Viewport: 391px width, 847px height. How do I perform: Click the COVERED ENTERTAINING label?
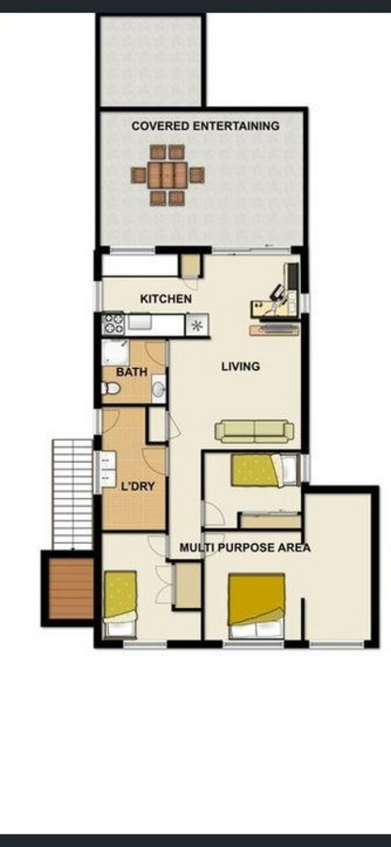pyautogui.click(x=206, y=126)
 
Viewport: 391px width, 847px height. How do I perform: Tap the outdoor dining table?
pyautogui.click(x=167, y=175)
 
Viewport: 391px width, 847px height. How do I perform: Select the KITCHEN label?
pyautogui.click(x=165, y=298)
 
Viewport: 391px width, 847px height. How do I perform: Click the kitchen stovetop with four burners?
pyautogui.click(x=113, y=324)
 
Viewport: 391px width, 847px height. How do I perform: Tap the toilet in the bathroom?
pyautogui.click(x=111, y=388)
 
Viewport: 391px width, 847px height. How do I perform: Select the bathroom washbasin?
pyautogui.click(x=159, y=389)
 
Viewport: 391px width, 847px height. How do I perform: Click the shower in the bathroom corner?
pyautogui.click(x=116, y=353)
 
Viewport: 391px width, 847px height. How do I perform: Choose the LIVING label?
pyautogui.click(x=241, y=367)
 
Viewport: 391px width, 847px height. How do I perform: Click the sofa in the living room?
pyautogui.click(x=255, y=432)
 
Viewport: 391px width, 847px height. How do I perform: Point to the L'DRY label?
pyautogui.click(x=138, y=487)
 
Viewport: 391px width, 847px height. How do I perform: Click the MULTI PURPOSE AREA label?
pyautogui.click(x=245, y=548)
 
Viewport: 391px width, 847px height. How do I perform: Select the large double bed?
pyautogui.click(x=257, y=606)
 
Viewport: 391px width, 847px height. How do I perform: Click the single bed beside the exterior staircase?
pyautogui.click(x=120, y=603)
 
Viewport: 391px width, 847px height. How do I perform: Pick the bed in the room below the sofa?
pyautogui.click(x=265, y=470)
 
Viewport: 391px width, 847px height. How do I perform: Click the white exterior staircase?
pyautogui.click(x=72, y=494)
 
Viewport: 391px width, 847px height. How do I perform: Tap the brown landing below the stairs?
pyautogui.click(x=70, y=588)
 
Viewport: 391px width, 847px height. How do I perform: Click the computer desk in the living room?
pyautogui.click(x=275, y=298)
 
